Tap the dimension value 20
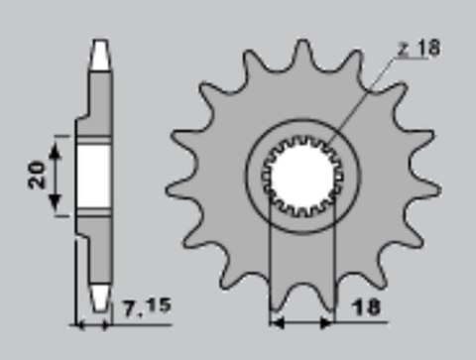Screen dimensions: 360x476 (34, 177)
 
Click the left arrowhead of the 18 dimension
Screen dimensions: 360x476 (276, 322)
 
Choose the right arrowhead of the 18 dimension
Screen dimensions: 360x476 (332, 322)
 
